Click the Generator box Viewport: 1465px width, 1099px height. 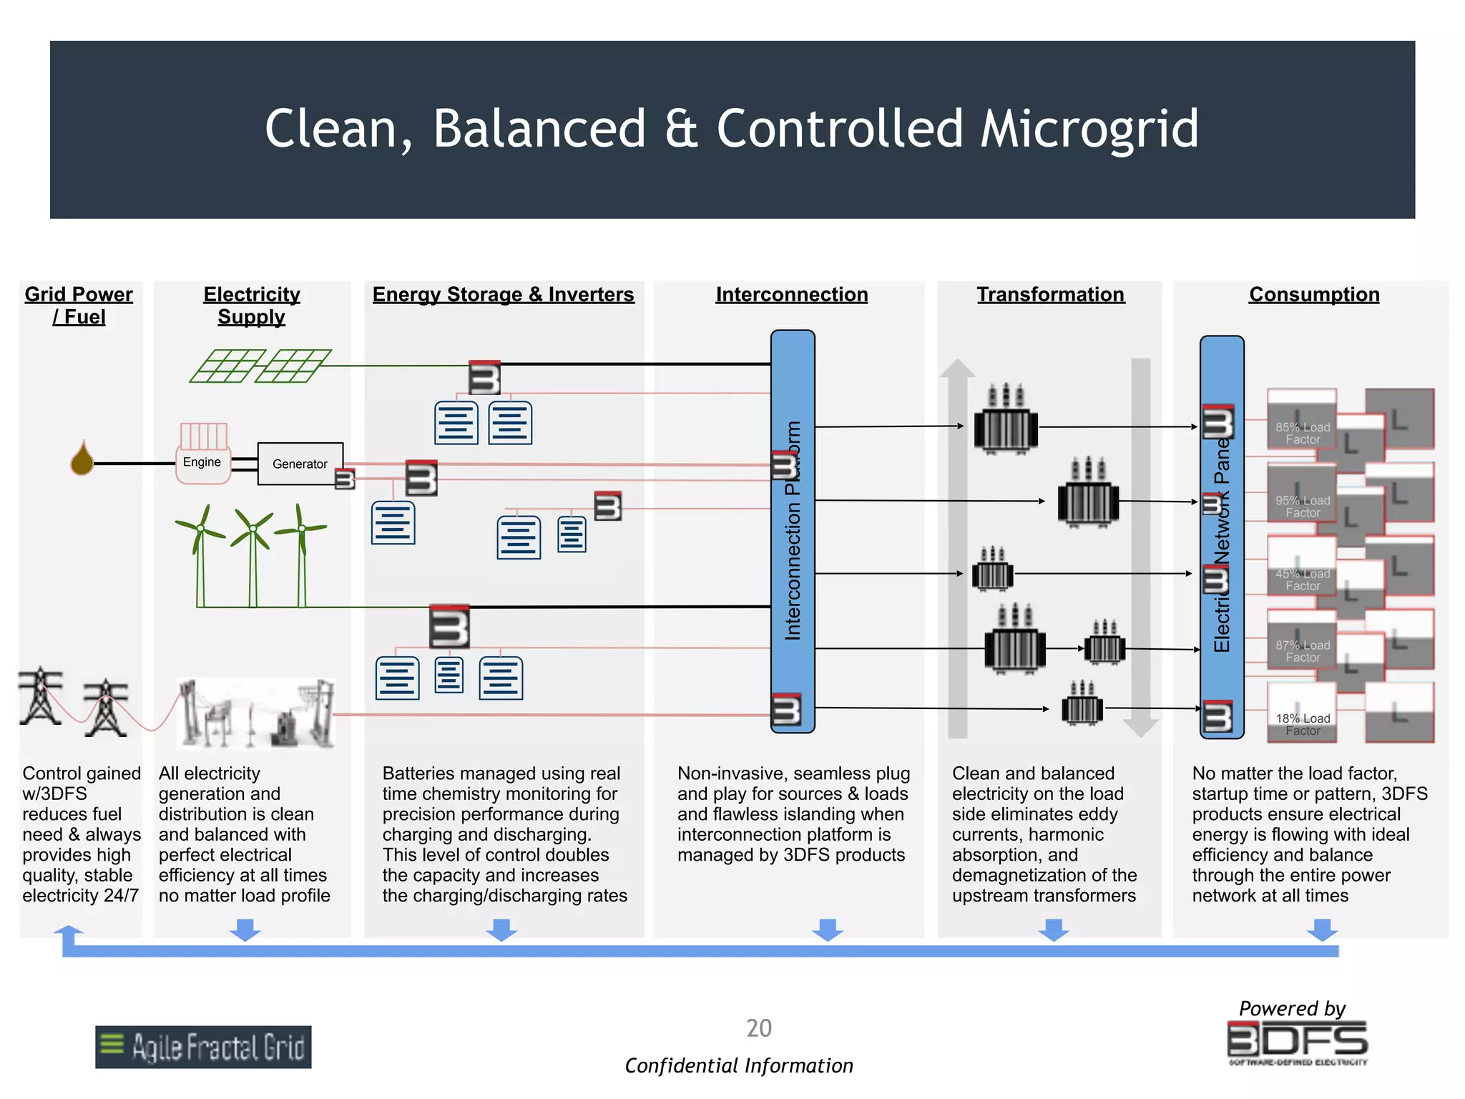coord(300,464)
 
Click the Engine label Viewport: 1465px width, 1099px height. coord(202,462)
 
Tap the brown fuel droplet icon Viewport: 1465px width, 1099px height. coord(82,459)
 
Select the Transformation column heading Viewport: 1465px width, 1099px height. coord(1050,295)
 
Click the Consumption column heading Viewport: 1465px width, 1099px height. coord(1314,295)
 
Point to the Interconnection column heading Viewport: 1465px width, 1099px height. coord(791,295)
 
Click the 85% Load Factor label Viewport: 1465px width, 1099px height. coord(1303,434)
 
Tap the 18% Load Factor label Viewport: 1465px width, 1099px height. coord(1303,724)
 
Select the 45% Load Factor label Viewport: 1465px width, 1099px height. coord(1303,580)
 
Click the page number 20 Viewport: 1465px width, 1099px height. coord(758,1028)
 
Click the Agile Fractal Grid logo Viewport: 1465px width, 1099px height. coord(203,1047)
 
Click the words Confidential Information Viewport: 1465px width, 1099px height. coord(739,1065)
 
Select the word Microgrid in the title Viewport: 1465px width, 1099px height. coord(1089,129)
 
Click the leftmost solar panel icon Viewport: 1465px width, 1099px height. coord(227,366)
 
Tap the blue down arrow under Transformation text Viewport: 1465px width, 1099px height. coord(1054,929)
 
